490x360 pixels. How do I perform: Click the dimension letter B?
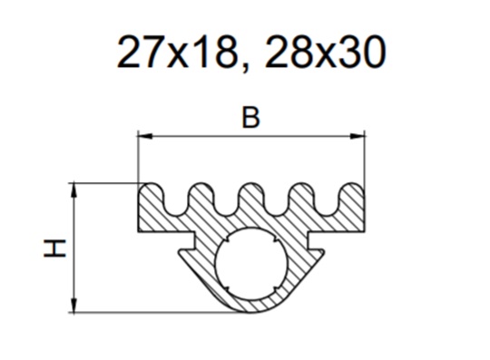tap(250, 118)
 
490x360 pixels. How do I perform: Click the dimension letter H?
tap(54, 248)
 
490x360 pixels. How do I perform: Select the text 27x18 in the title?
tap(176, 52)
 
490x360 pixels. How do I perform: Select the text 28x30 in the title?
tap(325, 52)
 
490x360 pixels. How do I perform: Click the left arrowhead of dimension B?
tap(145, 136)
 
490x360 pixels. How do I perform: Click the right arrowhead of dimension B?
tap(358, 136)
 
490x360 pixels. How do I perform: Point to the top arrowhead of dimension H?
tap(74, 190)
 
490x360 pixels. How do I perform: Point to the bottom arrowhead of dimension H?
tap(74, 305)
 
